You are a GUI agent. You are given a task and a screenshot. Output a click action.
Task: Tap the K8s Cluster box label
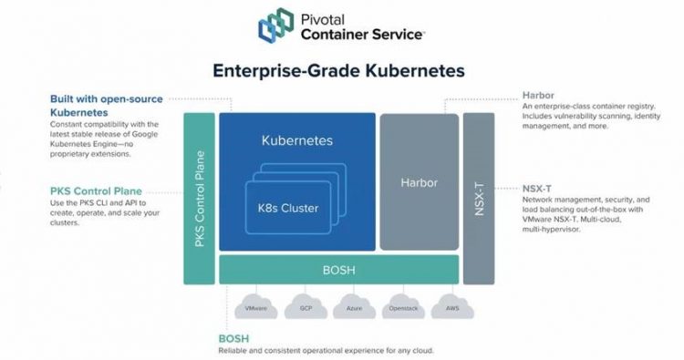point(289,208)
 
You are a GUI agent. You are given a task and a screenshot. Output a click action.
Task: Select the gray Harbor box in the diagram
point(420,181)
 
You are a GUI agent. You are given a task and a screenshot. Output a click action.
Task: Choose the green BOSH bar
point(338,271)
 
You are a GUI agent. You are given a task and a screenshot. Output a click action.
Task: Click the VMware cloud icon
point(255,308)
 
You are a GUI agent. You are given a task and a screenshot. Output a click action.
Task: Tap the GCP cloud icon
point(303,308)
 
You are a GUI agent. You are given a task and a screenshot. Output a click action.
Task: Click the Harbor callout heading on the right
point(539,95)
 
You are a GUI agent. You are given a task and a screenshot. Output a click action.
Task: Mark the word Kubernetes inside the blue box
point(297,141)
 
